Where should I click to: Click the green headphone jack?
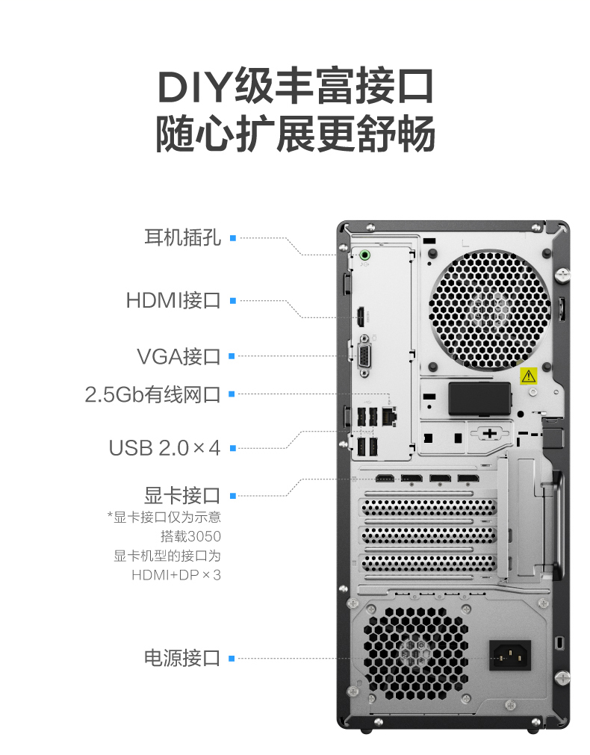pyautogui.click(x=364, y=254)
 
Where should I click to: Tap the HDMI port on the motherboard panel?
pyautogui.click(x=360, y=317)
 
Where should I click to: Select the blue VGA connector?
pyautogui.click(x=364, y=357)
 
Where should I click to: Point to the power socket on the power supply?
pyautogui.click(x=510, y=655)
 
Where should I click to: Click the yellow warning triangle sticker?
pyautogui.click(x=528, y=376)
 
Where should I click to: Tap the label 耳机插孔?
pyautogui.click(x=182, y=237)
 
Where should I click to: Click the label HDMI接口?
pyautogui.click(x=173, y=300)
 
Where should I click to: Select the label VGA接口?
pyautogui.click(x=178, y=356)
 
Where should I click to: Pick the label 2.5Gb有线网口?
pyautogui.click(x=152, y=394)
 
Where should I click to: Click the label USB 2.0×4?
pyautogui.click(x=164, y=448)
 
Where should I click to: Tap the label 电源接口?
pyautogui.click(x=182, y=658)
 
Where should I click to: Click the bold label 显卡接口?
pyautogui.click(x=182, y=495)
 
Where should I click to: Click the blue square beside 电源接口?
pyautogui.click(x=232, y=658)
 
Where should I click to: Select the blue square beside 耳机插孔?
pyautogui.click(x=233, y=238)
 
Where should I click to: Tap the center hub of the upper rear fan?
pyautogui.click(x=490, y=308)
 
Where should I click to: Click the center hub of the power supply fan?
pyautogui.click(x=414, y=653)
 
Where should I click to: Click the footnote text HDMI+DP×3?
pyautogui.click(x=176, y=575)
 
